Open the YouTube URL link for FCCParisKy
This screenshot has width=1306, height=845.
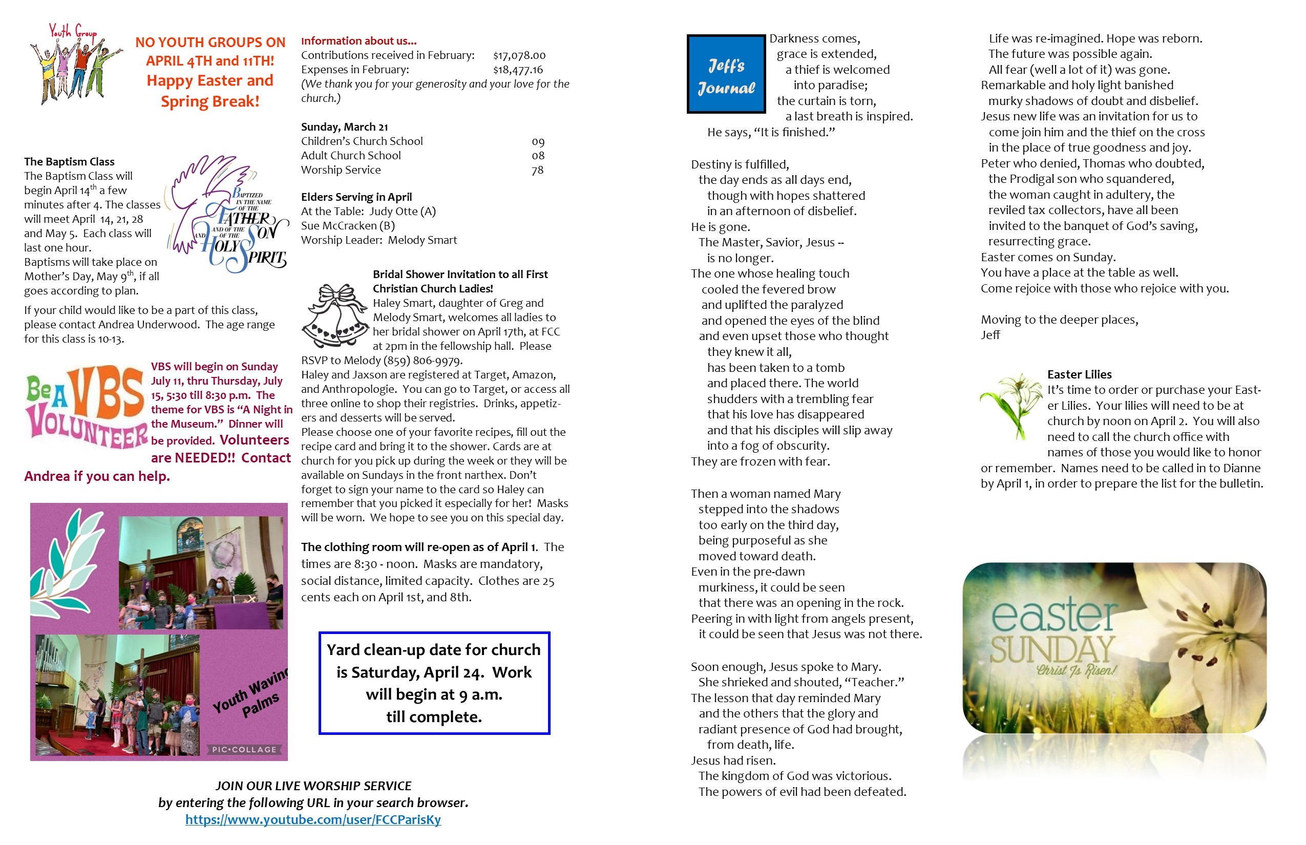pyautogui.click(x=313, y=819)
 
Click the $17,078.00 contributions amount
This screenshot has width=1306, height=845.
pyautogui.click(x=519, y=55)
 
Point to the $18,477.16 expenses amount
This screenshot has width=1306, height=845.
pyautogui.click(x=517, y=70)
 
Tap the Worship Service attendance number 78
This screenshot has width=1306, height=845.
pyautogui.click(x=537, y=170)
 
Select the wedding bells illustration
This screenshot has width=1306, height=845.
pyautogui.click(x=335, y=315)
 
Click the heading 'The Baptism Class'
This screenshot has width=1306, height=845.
pyautogui.click(x=69, y=161)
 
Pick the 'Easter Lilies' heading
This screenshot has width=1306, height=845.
pyautogui.click(x=1079, y=374)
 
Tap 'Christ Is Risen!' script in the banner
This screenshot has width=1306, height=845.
pyautogui.click(x=1076, y=670)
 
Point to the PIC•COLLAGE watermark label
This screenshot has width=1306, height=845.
pyautogui.click(x=244, y=750)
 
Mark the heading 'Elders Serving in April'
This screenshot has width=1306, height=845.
pyautogui.click(x=356, y=197)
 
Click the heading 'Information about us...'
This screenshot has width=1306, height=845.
pyautogui.click(x=359, y=40)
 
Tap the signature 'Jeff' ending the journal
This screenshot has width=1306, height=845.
pyautogui.click(x=990, y=335)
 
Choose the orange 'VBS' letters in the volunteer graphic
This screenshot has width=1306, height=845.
pyautogui.click(x=107, y=391)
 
